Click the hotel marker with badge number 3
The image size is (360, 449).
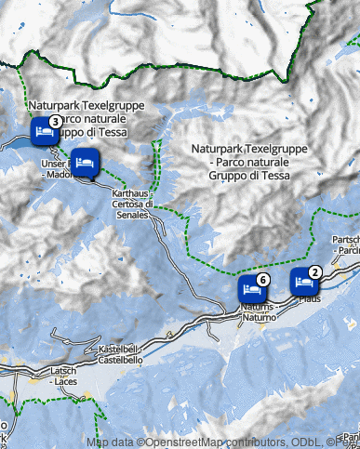pyautogui.click(x=43, y=131)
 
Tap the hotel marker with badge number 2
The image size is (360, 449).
pyautogui.click(x=302, y=280)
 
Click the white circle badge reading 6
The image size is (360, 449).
pyautogui.click(x=262, y=279)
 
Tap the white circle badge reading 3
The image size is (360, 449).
pyautogui.click(x=55, y=122)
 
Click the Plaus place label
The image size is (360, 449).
pyautogui.click(x=309, y=298)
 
